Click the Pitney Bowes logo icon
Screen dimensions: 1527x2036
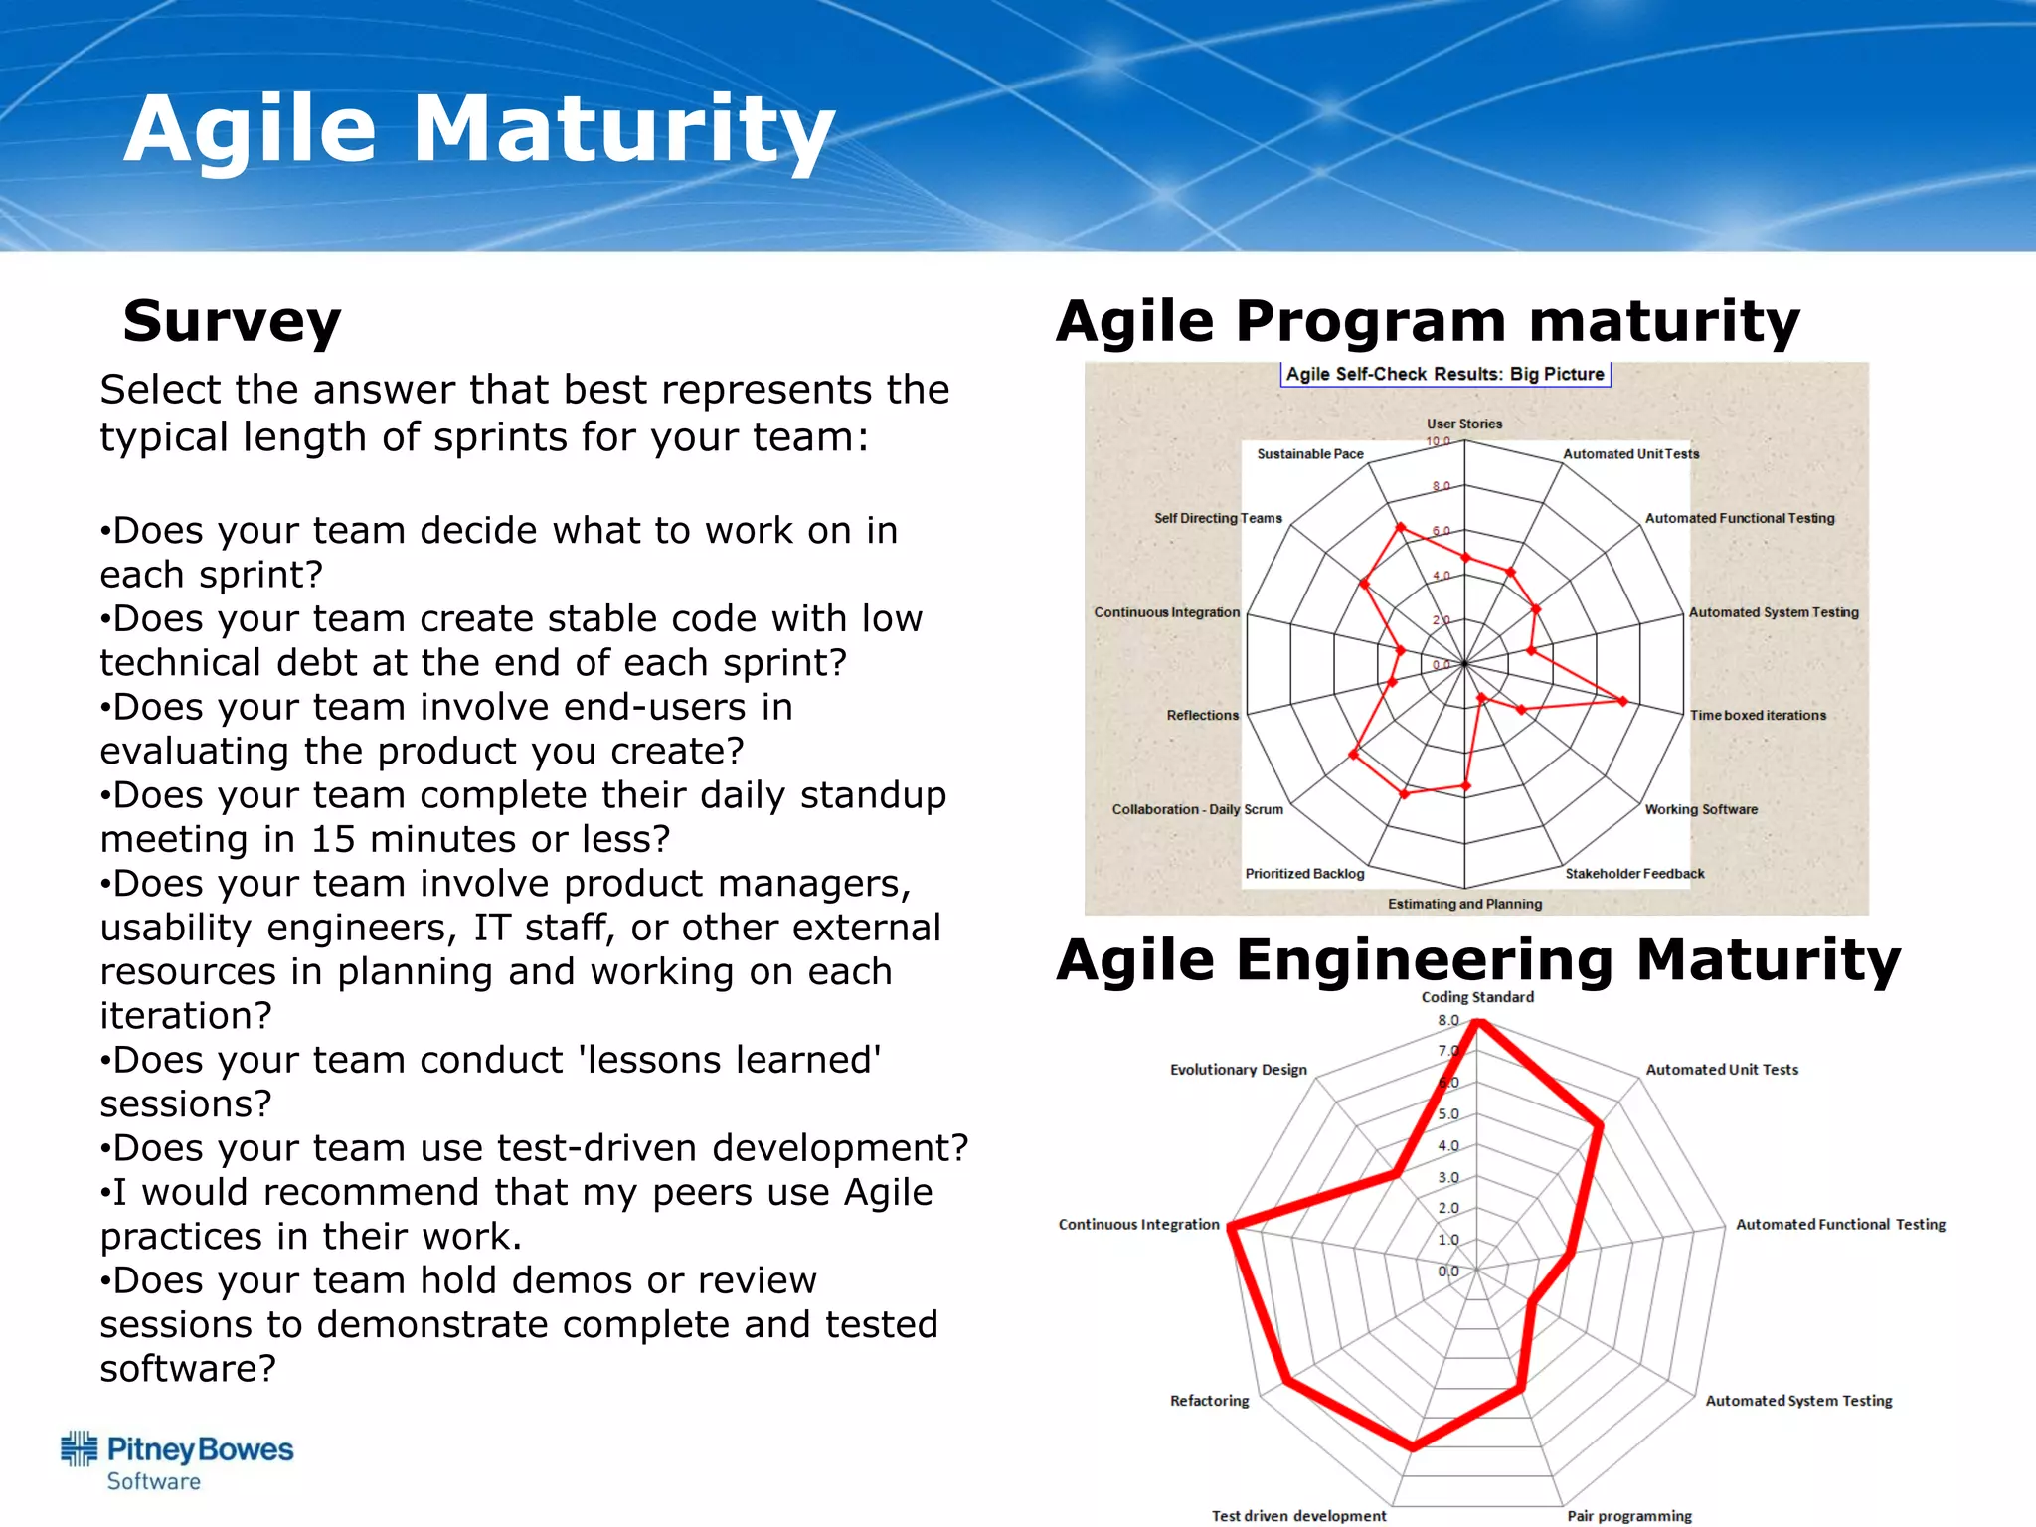tap(80, 1448)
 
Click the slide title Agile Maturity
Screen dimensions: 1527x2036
tap(479, 129)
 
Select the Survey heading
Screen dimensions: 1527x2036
tap(232, 321)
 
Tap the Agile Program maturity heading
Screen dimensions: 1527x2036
tap(1428, 321)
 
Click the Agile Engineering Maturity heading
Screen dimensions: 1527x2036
tap(1478, 960)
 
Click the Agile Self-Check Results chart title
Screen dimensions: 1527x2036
tap(1444, 374)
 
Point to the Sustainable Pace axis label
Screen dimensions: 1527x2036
tap(1309, 454)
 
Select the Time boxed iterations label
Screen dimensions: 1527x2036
tap(1758, 715)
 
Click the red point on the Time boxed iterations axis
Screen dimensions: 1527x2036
tap(1623, 701)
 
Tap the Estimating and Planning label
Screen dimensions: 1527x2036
tap(1464, 904)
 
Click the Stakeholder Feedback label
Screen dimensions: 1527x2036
tap(1634, 874)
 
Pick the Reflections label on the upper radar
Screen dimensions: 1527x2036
tap(1202, 715)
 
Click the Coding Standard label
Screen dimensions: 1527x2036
tap(1477, 997)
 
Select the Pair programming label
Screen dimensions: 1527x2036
tap(1629, 1516)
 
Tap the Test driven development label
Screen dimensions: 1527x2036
tap(1298, 1516)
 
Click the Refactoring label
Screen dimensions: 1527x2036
tap(1209, 1401)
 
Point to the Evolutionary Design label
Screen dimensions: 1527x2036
tap(1238, 1070)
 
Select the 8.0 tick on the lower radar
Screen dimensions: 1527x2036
tap(1447, 1020)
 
